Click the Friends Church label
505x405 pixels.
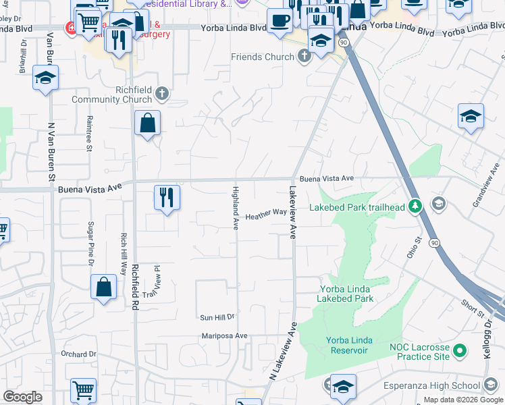(x=263, y=57)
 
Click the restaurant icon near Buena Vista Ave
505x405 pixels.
(x=167, y=198)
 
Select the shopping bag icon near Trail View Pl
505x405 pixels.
(x=104, y=287)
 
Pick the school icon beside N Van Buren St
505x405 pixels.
(x=45, y=78)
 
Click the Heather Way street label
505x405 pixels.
(x=265, y=215)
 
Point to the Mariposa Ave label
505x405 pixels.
(x=225, y=335)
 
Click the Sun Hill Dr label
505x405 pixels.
(x=217, y=317)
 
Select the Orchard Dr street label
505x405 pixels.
(x=78, y=354)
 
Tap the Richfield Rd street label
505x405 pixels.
(x=135, y=281)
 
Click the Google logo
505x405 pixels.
(x=22, y=397)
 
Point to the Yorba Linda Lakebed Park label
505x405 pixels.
(x=346, y=293)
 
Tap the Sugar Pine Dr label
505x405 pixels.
(x=90, y=244)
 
